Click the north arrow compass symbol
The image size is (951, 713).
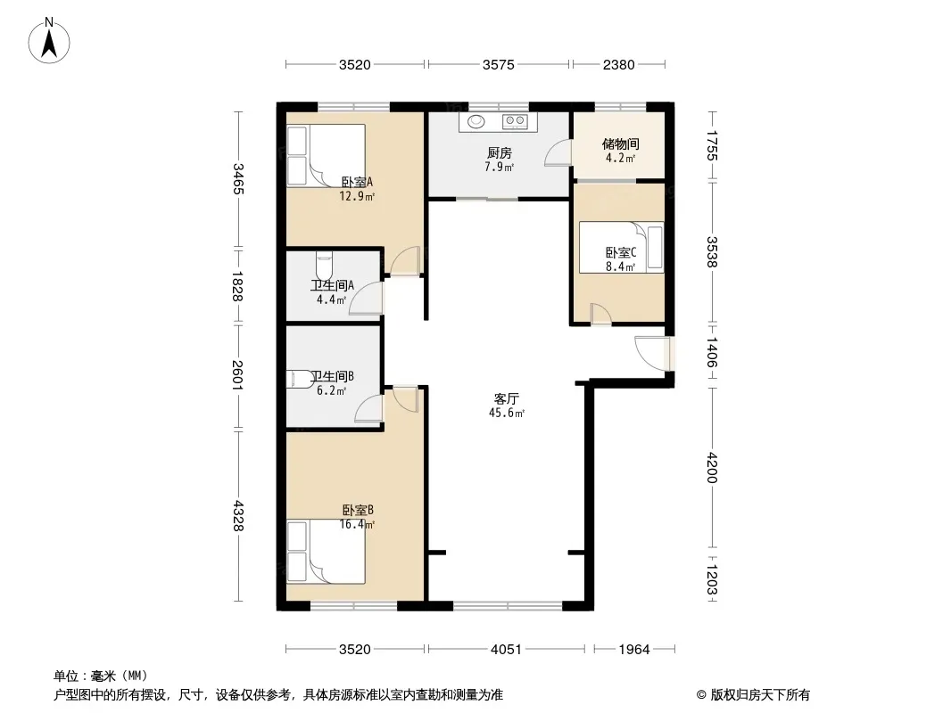[x=49, y=41]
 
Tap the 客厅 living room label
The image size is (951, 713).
[x=506, y=398]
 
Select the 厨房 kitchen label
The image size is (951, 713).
[x=499, y=153]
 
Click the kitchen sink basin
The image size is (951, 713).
[x=476, y=122]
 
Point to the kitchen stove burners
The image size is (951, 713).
[x=515, y=121]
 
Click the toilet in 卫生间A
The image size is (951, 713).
[x=325, y=265]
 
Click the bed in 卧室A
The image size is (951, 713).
[x=326, y=155]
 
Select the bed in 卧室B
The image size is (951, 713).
[x=326, y=552]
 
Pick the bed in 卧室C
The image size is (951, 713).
[x=621, y=247]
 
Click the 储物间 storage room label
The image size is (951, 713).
[x=620, y=144]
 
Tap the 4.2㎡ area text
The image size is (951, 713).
[x=620, y=159]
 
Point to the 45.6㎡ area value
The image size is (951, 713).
[x=507, y=414]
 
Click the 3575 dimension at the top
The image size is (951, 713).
[x=499, y=65]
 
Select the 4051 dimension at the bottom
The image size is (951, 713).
[x=506, y=650]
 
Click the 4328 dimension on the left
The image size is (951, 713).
[x=237, y=515]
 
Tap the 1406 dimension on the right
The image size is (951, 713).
[x=712, y=353]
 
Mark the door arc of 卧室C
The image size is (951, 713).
[x=601, y=314]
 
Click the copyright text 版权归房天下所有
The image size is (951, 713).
[x=760, y=695]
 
